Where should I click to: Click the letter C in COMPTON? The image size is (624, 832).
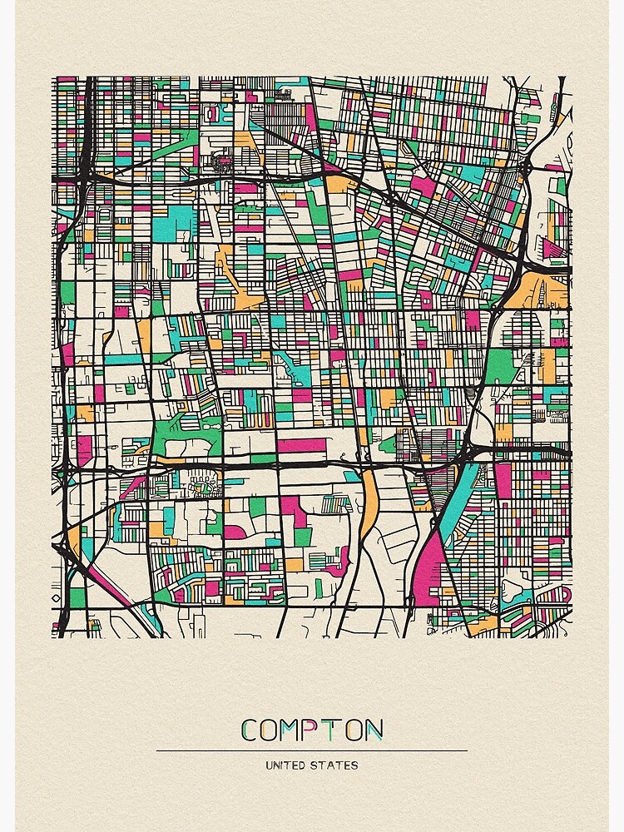(250, 730)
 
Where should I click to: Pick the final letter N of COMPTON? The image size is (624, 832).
(374, 730)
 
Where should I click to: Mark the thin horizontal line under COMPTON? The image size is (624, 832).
(312, 750)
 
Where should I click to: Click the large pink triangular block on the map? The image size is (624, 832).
(427, 574)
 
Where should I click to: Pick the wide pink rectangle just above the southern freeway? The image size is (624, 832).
(301, 446)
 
